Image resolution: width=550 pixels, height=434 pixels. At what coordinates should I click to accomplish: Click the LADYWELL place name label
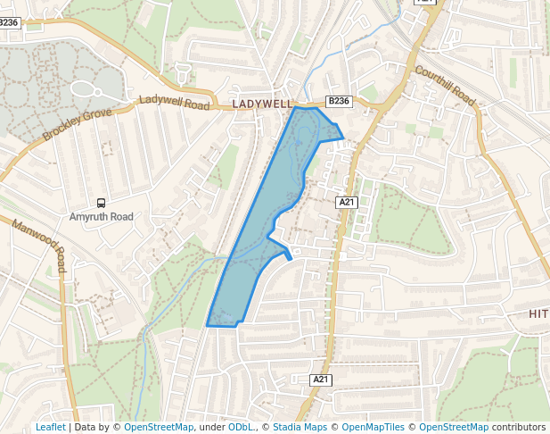click(262, 104)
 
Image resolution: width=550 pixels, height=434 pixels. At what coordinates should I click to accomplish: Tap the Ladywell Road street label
click(174, 103)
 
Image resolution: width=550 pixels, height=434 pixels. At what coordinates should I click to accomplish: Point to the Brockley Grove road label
click(77, 125)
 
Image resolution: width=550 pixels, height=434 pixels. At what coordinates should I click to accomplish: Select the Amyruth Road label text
click(101, 217)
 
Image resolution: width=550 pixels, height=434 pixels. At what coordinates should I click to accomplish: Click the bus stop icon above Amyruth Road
click(101, 204)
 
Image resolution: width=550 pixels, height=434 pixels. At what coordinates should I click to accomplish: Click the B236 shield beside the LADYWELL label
click(339, 102)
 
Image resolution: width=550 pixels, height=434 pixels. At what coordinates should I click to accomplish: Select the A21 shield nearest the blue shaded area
click(347, 203)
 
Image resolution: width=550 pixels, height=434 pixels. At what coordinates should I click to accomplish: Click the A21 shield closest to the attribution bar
click(322, 380)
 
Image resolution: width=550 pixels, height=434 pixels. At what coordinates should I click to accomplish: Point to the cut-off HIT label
click(538, 313)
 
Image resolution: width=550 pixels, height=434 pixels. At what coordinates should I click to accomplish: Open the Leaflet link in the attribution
click(50, 427)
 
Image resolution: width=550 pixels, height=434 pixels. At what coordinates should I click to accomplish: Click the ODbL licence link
click(240, 427)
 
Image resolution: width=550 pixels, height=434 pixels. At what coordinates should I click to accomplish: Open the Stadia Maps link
click(300, 427)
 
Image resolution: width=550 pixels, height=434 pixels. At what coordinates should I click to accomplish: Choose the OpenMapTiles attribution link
click(374, 427)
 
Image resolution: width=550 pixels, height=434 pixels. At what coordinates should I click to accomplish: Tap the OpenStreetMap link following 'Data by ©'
click(159, 427)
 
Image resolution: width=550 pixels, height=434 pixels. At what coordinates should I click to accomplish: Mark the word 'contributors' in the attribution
click(518, 427)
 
